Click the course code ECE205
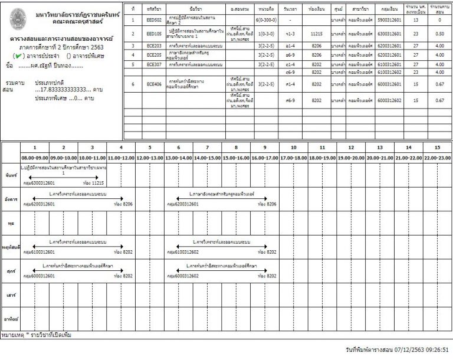[154, 54]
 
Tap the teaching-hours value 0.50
[438, 34]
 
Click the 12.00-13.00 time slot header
[150, 158]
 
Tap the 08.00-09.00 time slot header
[35, 158]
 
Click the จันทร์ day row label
[9, 176]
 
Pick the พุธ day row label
[9, 225]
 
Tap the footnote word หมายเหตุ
[13, 335]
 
